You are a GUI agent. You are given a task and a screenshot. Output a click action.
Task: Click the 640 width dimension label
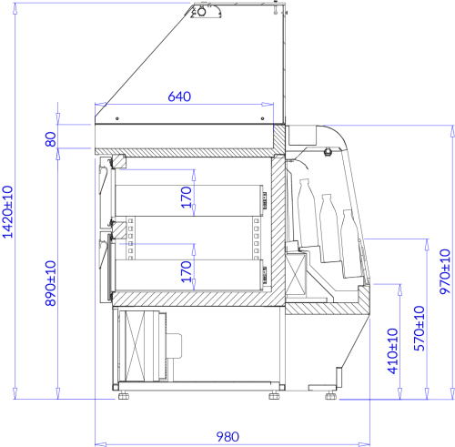(179, 97)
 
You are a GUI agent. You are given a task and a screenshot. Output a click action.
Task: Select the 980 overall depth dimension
(227, 437)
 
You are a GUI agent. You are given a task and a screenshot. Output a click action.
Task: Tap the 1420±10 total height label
(8, 212)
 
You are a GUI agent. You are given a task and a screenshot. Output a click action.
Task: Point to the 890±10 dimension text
(51, 283)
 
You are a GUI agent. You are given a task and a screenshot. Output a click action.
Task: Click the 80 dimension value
(51, 139)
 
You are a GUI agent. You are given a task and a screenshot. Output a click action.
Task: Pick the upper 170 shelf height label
(187, 198)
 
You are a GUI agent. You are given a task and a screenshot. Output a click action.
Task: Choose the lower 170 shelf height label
(187, 271)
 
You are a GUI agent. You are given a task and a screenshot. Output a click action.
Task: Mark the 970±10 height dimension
(445, 271)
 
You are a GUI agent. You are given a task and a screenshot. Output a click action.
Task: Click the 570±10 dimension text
(420, 328)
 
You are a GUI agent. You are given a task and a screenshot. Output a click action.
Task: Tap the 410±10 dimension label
(393, 351)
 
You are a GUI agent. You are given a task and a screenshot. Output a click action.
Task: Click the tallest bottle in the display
(307, 213)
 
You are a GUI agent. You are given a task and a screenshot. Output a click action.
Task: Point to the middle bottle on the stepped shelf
(330, 229)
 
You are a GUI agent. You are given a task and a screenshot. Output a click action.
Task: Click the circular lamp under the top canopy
(201, 12)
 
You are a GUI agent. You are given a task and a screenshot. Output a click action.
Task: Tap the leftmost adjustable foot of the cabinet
(124, 395)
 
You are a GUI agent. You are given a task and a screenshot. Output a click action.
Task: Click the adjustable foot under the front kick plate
(331, 395)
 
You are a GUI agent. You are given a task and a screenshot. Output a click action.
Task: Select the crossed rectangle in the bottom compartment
(135, 346)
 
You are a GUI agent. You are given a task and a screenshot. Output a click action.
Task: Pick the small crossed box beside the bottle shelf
(296, 274)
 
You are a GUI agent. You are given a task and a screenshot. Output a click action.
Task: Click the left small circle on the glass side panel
(117, 118)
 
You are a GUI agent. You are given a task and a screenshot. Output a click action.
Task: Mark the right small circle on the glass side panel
(262, 118)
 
